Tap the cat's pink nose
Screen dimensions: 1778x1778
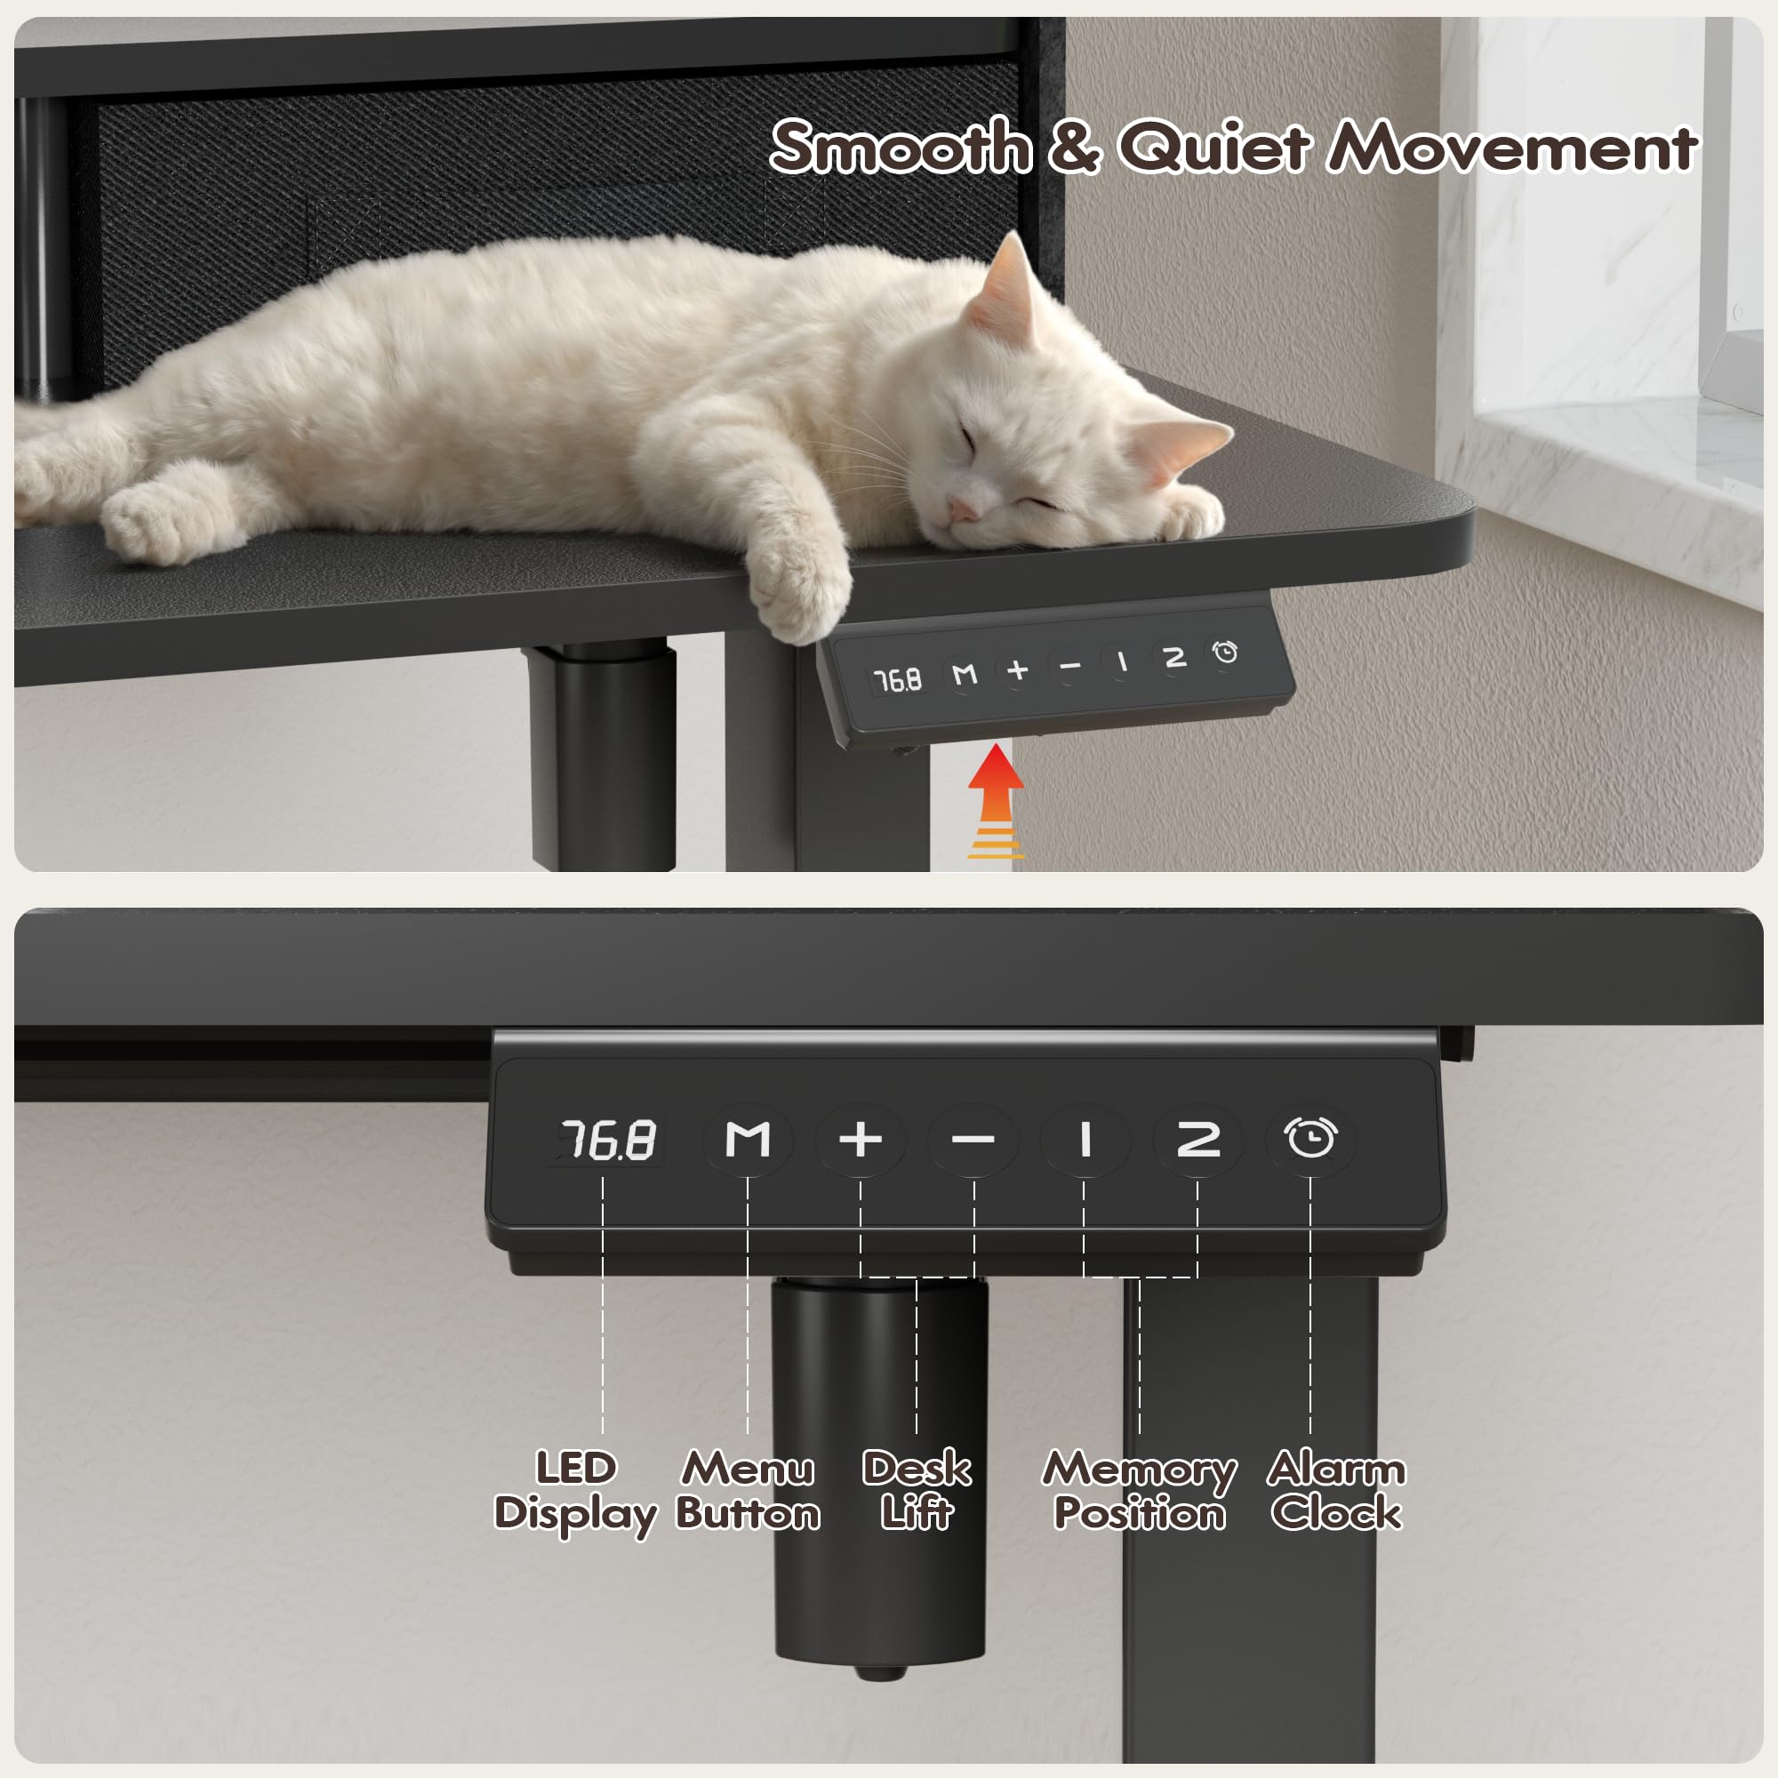click(x=961, y=509)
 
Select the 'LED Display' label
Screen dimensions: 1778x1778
click(x=575, y=1491)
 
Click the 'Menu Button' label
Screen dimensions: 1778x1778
click(x=748, y=1491)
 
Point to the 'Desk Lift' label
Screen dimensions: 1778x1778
click(x=917, y=1491)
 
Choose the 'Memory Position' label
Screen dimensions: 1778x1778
click(x=1140, y=1491)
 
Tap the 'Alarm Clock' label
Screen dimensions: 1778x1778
click(x=1336, y=1491)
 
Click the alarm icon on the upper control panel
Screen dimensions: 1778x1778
click(x=1225, y=652)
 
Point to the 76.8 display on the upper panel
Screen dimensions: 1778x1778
click(x=897, y=680)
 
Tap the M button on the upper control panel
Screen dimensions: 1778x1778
click(x=964, y=675)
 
